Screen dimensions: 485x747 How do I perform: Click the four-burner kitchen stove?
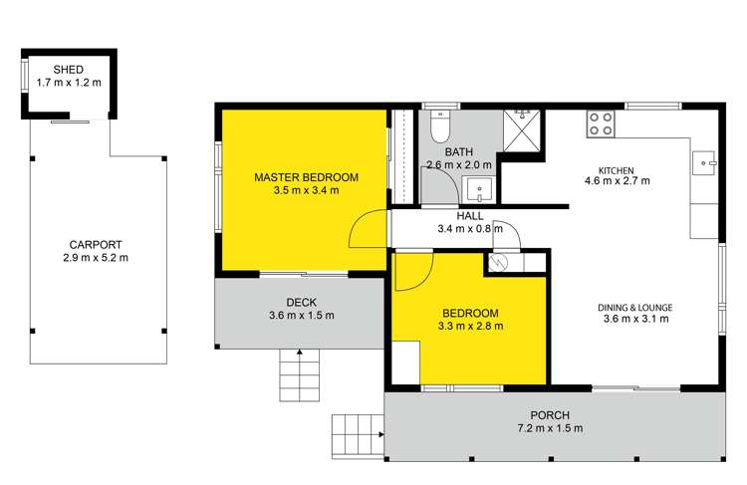pos(600,123)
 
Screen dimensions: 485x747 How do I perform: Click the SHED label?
pos(69,69)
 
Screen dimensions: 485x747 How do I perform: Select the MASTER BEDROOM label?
pos(306,176)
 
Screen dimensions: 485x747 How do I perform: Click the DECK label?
pos(301,302)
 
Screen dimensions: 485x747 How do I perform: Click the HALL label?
pos(470,215)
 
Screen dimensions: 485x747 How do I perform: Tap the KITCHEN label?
pos(617,168)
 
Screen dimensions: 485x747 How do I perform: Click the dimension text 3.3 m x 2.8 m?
pos(470,325)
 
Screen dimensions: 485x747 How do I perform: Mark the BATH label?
pos(459,152)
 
